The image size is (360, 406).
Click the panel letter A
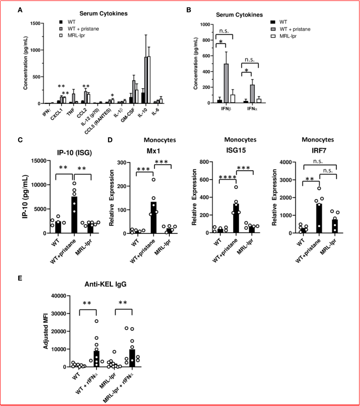(x=19, y=9)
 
